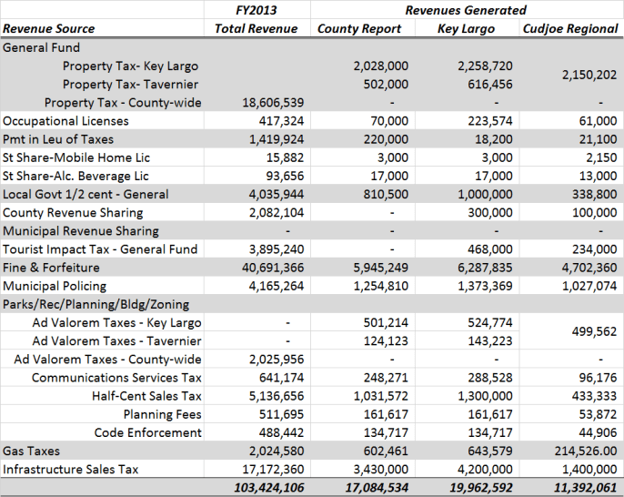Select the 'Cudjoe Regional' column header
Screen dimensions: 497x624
[570, 28]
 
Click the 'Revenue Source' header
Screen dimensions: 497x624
[48, 28]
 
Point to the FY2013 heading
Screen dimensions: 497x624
[256, 10]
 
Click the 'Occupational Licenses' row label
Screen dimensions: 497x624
[65, 121]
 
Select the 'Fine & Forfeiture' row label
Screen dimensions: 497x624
[51, 268]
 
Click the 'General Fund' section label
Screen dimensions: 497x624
[42, 47]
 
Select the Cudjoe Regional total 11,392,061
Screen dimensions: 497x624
[577, 488]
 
